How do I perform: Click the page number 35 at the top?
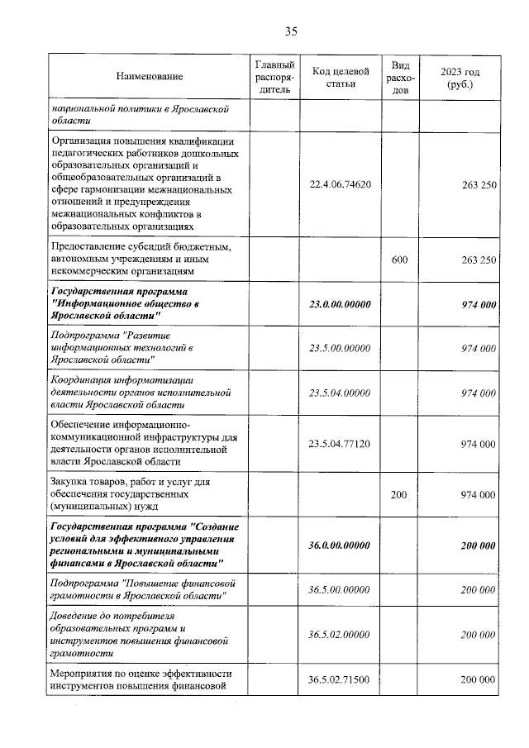coord(290,31)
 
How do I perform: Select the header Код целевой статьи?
coord(340,76)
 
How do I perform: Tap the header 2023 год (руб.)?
coord(460,78)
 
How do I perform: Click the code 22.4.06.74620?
coord(340,184)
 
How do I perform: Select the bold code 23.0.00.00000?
coord(340,304)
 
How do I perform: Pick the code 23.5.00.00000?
coord(340,349)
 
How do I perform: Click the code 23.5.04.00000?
coord(340,393)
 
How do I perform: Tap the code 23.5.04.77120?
coord(340,444)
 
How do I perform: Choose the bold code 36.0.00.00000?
coord(340,546)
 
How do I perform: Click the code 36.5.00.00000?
coord(340,590)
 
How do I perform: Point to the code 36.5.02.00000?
coord(340,634)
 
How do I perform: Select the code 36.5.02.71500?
coord(340,679)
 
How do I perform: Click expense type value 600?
coord(399,260)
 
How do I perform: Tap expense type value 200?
coord(399,494)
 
